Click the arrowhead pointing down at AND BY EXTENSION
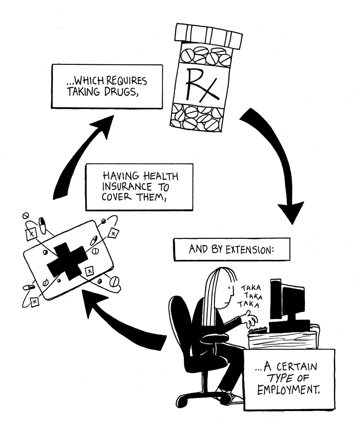(292, 213)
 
